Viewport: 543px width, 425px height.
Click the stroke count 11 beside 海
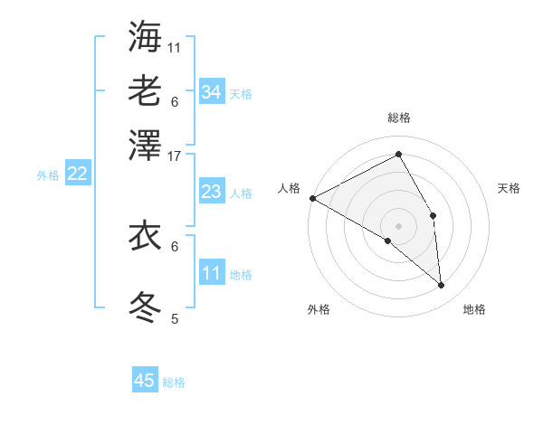click(x=175, y=47)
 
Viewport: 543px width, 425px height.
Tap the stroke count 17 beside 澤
click(x=175, y=156)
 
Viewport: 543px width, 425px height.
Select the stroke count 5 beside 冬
click(x=175, y=318)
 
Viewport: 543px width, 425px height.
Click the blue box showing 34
click(x=212, y=91)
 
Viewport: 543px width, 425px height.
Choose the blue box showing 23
click(x=212, y=192)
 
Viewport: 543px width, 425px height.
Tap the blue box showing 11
click(x=212, y=273)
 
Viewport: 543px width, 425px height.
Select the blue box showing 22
click(x=78, y=174)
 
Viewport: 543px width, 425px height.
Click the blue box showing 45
click(x=145, y=381)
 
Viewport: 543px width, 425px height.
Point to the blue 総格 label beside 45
click(x=175, y=382)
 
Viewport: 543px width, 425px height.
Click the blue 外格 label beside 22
click(x=48, y=175)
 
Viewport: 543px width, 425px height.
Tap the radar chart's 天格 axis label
click(x=510, y=188)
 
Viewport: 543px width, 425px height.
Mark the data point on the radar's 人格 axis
click(x=312, y=198)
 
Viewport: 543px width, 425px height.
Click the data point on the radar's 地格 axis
click(x=442, y=286)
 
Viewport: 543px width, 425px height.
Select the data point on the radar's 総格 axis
click(x=399, y=154)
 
